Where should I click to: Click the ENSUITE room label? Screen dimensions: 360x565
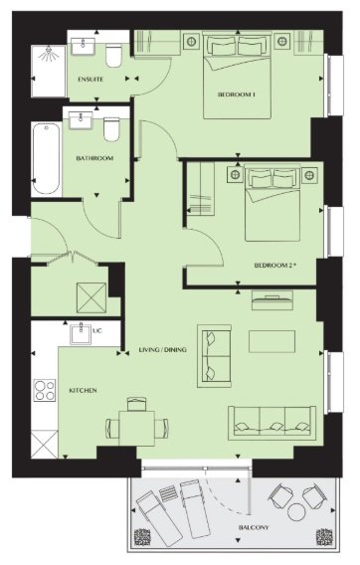coord(90,80)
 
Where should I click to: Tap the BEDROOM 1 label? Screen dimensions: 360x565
coord(237,94)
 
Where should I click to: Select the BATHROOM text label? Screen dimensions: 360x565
coord(94,158)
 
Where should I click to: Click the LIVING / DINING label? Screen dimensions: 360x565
coord(163,349)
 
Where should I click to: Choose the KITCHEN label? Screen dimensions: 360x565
coord(83,391)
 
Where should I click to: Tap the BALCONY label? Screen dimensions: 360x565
coord(254,527)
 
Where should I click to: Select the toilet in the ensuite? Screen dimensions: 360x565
coord(113,56)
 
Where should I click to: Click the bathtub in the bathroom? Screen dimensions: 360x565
coord(46,158)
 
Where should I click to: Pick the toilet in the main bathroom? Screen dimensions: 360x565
coord(111,129)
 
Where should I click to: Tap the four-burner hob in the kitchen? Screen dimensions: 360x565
coord(45,390)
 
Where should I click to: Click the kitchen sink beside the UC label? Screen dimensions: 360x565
coord(82,333)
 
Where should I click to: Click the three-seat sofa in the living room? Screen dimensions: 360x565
coord(272,423)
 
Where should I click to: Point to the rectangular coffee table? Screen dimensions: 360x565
coord(271,341)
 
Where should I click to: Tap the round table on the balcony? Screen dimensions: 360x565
coord(296,512)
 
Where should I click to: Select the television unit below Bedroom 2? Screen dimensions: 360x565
coord(272,300)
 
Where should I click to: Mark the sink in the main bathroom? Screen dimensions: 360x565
coord(81,120)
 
